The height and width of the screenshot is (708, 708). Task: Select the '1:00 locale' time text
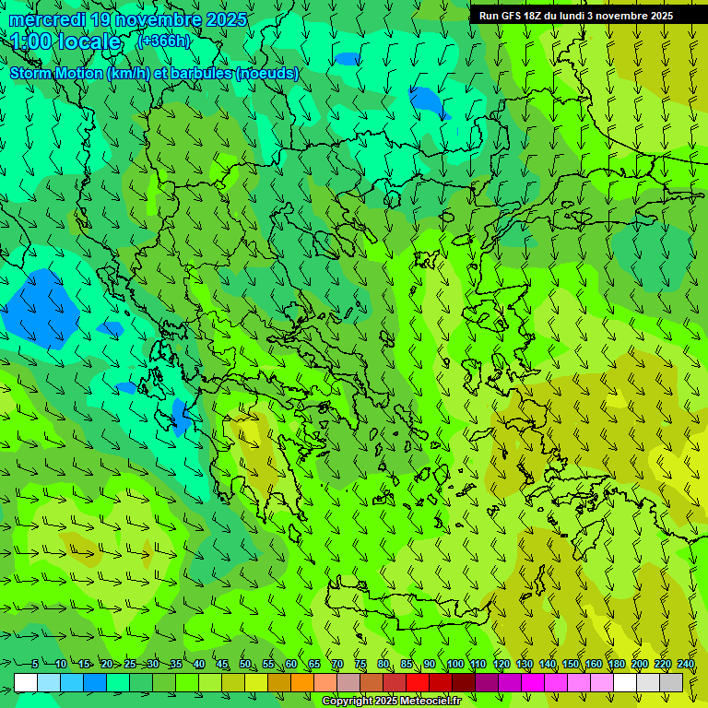65,41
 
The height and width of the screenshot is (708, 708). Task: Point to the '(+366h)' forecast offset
163,41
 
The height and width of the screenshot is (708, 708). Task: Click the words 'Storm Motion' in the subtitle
56,73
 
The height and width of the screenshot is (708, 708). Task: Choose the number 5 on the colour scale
35,664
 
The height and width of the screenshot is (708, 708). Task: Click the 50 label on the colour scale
244,664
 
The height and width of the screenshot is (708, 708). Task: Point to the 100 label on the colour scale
454,664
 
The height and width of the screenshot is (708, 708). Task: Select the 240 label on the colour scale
685,664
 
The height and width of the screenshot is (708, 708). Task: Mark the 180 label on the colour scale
616,664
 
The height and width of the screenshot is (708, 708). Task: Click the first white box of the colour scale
26,682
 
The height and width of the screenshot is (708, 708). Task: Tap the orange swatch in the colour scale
302,682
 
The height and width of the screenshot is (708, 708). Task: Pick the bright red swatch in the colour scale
418,682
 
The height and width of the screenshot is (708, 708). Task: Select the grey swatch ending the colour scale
671,682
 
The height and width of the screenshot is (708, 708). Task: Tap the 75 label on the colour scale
360,664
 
